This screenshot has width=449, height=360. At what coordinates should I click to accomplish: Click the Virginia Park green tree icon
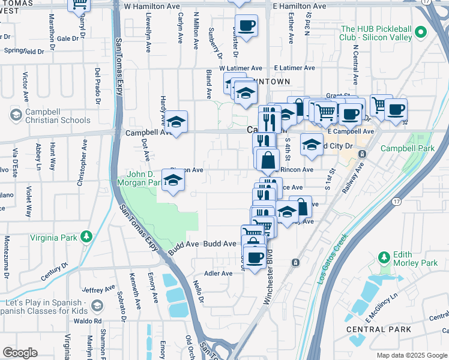(87, 237)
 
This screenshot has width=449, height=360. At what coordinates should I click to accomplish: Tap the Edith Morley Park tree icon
(384, 257)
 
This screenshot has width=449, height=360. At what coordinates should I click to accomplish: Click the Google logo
(20, 353)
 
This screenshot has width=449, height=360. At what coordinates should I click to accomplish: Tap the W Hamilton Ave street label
(152, 5)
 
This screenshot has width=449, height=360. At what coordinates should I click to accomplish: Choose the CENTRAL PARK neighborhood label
(379, 329)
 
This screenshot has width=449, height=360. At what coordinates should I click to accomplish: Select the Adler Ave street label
(218, 274)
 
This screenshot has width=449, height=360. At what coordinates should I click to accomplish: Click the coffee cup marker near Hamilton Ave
(246, 26)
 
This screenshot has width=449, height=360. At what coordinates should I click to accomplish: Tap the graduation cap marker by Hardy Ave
(176, 122)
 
